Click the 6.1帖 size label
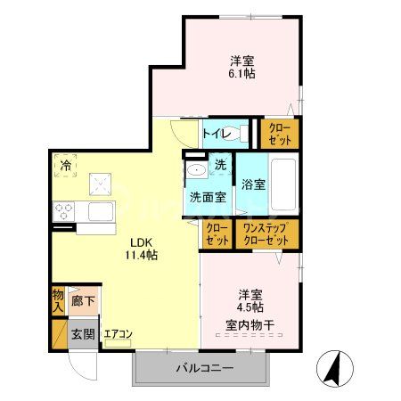(241, 75)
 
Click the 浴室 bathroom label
(254, 185)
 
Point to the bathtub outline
(283, 183)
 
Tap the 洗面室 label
(204, 198)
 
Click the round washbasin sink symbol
(195, 170)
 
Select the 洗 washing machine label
(221, 165)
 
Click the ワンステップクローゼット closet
(266, 234)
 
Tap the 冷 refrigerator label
(65, 166)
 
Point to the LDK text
(118, 241)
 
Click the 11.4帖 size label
(118, 254)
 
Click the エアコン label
(118, 335)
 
